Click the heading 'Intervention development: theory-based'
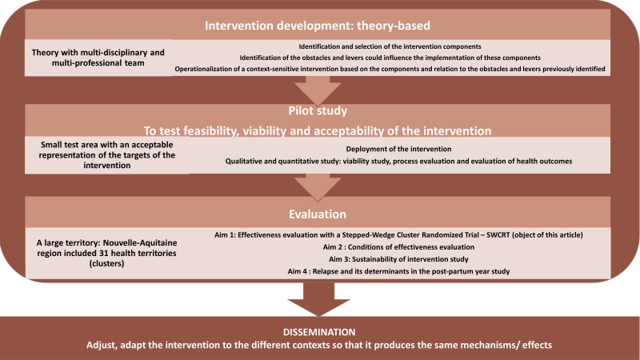[319, 25]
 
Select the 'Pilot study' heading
[319, 111]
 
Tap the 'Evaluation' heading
[319, 214]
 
